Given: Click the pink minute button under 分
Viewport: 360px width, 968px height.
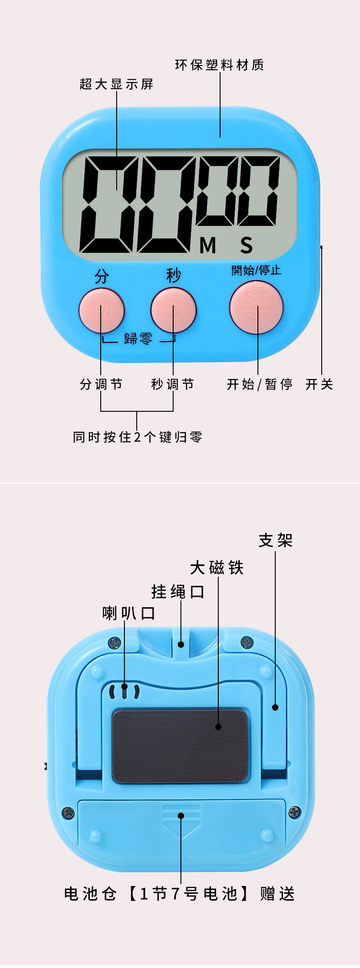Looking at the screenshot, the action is click(x=102, y=310).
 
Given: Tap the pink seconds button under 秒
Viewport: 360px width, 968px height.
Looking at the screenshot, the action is click(x=174, y=310).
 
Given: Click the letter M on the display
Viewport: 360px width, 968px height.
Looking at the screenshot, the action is click(x=208, y=246).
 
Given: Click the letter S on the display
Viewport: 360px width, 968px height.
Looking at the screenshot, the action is click(x=247, y=246).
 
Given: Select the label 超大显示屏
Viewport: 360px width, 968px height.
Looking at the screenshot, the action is click(x=116, y=84).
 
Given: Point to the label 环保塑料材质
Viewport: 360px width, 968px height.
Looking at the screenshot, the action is click(x=220, y=65).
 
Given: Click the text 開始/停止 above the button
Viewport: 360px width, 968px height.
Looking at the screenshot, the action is click(x=256, y=270).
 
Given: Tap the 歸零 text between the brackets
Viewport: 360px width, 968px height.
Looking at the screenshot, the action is click(x=138, y=338).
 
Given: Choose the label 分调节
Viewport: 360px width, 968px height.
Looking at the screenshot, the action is click(x=101, y=384).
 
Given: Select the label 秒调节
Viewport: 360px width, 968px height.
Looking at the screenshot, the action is click(x=173, y=384).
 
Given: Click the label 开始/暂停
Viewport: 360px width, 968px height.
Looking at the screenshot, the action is click(x=259, y=384).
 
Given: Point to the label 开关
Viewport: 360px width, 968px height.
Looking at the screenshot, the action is click(x=319, y=384).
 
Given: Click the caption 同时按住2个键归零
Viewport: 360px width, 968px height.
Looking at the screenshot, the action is click(x=137, y=437).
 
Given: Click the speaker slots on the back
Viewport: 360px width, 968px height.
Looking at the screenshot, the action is click(x=124, y=691).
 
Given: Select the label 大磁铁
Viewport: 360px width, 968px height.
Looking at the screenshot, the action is click(x=217, y=568).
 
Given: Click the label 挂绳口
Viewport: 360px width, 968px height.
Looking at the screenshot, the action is click(x=178, y=592).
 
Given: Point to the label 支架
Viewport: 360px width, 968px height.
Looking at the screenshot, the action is click(x=276, y=541).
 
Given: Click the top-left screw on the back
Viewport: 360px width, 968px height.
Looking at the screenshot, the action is click(x=115, y=643).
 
